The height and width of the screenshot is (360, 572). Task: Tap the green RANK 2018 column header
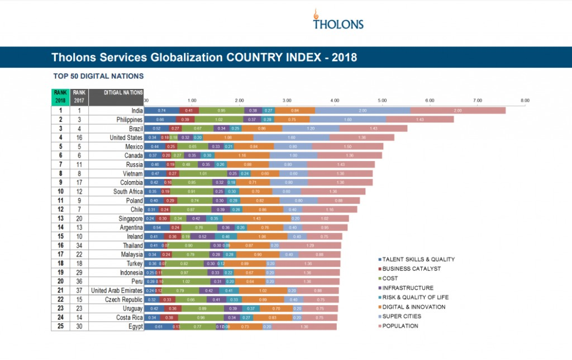pos(60,97)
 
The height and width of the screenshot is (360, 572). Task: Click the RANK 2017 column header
pos(79,97)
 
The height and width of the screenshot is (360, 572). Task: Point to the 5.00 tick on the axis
pos(382,101)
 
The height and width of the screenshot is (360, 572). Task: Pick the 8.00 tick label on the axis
pos(525,101)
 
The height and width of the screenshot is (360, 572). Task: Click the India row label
pos(134,111)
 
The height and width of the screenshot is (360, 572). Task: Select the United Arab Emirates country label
pos(117,290)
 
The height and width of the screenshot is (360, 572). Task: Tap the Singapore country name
pos(130,218)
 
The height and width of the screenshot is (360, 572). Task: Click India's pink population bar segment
pos(457,111)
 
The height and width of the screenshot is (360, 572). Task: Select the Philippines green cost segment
pos(218,120)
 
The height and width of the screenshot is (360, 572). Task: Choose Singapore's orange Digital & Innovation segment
pos(257,218)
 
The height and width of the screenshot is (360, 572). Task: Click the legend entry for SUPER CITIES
pos(400,316)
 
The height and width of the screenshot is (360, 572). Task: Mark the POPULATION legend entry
pos(399,325)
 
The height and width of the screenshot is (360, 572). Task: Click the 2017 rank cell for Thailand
pos(79,245)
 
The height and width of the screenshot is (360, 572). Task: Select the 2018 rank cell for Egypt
pos(60,326)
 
